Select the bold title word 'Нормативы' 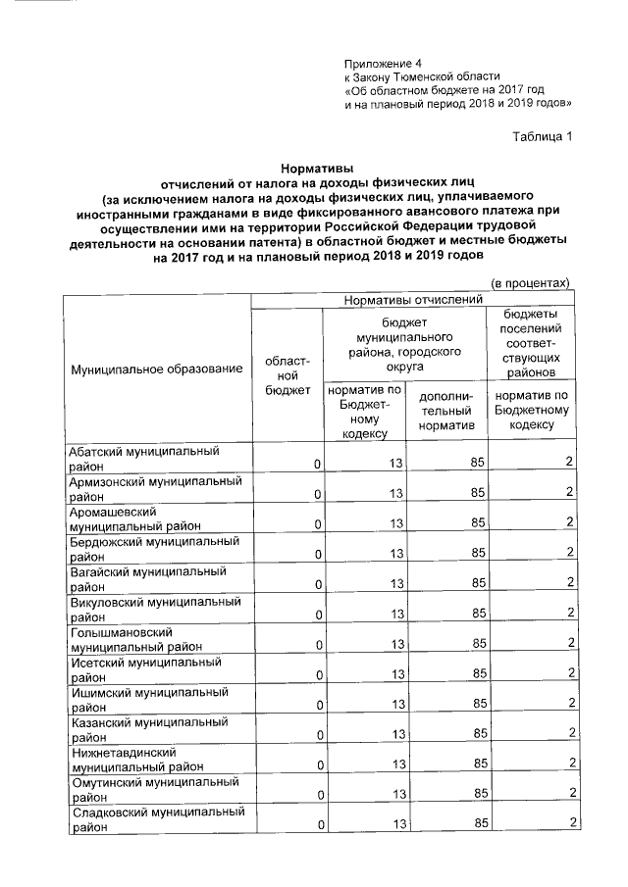tap(313, 169)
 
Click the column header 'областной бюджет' tap(287, 376)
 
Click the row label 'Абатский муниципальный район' tap(141, 459)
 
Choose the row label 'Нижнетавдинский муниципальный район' tap(137, 760)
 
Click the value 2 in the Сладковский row tap(570, 823)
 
